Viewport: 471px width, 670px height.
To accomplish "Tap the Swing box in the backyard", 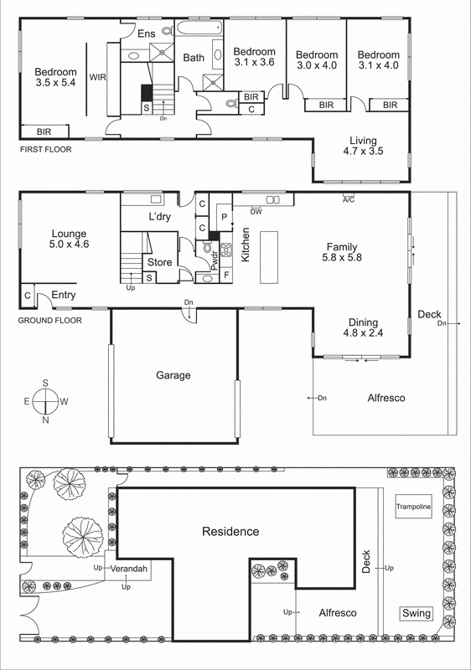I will click(417, 614).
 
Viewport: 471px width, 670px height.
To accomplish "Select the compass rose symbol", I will click(45, 402).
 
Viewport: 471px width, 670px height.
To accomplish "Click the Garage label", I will click(173, 375).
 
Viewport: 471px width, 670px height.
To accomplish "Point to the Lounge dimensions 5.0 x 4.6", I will click(70, 245).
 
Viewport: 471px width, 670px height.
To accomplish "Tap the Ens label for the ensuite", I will click(147, 34).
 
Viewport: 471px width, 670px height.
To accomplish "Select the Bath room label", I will click(194, 58).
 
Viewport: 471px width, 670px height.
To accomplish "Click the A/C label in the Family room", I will click(348, 199).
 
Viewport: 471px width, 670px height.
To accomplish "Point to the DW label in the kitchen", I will click(256, 211).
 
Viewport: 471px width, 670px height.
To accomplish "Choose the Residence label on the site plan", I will click(230, 531).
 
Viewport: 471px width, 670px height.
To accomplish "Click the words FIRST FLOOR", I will click(46, 149).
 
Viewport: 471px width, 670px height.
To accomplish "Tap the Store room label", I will click(159, 262).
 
